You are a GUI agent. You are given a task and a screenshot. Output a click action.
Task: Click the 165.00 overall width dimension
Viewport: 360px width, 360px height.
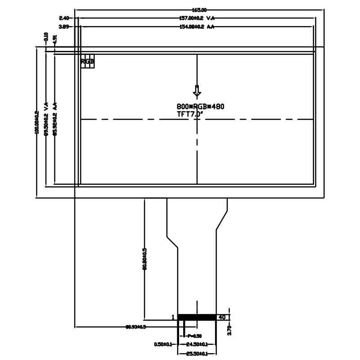pyautogui.click(x=198, y=9)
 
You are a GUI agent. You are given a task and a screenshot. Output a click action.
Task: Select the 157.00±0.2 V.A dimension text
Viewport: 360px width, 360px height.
pyautogui.click(x=197, y=18)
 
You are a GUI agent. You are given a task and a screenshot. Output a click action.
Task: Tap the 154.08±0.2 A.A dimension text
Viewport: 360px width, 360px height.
pyautogui.click(x=196, y=27)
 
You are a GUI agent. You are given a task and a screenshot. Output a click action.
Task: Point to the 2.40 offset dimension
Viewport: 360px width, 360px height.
pyautogui.click(x=63, y=18)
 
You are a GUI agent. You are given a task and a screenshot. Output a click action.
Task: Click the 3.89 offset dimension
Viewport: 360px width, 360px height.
pyautogui.click(x=63, y=27)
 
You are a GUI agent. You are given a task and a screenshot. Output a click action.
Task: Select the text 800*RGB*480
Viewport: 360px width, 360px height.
pyautogui.click(x=200, y=107)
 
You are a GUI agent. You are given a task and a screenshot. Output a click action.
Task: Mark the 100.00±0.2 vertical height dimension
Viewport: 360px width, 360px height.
pyautogui.click(x=37, y=122)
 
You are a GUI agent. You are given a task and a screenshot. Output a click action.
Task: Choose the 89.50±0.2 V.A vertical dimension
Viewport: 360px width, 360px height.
pyautogui.click(x=46, y=119)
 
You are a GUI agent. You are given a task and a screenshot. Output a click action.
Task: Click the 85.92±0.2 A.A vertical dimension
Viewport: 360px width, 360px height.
pyautogui.click(x=55, y=119)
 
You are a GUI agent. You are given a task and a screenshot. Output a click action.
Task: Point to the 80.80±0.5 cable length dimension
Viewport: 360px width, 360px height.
pyautogui.click(x=144, y=259)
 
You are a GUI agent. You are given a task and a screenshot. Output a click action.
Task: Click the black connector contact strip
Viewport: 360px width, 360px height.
pyautogui.click(x=197, y=317)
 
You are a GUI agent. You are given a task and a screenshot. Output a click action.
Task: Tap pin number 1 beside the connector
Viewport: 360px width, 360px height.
pyautogui.click(x=173, y=317)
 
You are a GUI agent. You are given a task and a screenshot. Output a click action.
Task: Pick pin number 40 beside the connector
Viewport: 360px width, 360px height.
pyautogui.click(x=221, y=317)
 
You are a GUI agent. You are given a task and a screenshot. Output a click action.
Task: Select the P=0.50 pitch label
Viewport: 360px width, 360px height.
pyautogui.click(x=194, y=336)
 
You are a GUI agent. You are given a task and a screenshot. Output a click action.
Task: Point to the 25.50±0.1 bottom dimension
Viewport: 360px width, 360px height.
pyautogui.click(x=197, y=353)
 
